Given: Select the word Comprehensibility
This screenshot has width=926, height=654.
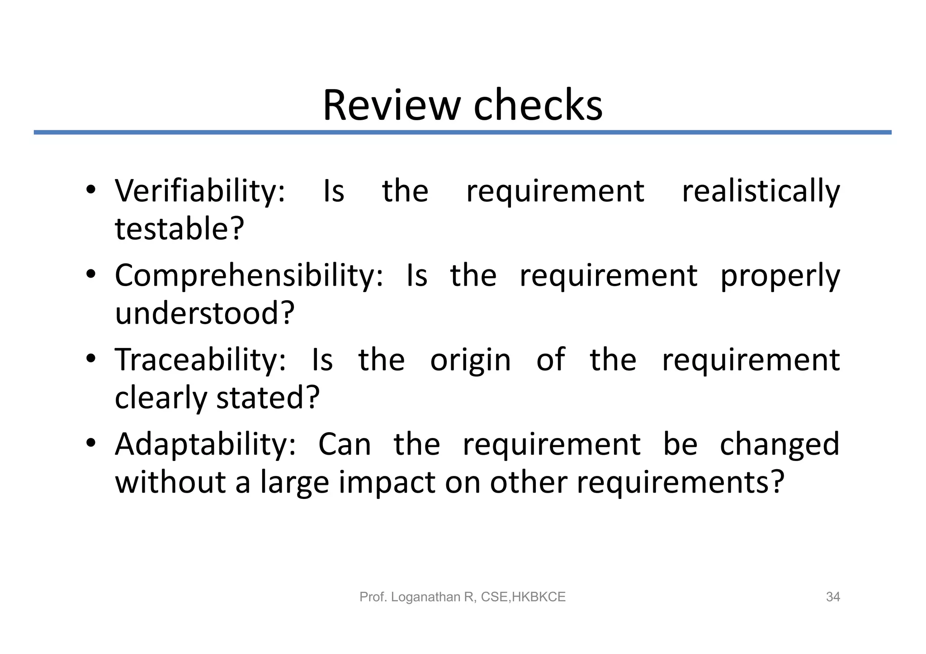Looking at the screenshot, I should point(249,276).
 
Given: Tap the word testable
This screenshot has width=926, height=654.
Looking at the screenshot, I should point(180,229).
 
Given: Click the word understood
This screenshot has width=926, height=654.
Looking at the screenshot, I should point(204,313).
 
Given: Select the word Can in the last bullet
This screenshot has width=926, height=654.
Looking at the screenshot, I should point(345,445).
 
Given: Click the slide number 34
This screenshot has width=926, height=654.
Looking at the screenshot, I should point(833,597).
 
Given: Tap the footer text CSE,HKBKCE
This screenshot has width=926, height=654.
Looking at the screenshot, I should point(523,597).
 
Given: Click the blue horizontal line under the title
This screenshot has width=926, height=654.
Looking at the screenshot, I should point(463,132).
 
